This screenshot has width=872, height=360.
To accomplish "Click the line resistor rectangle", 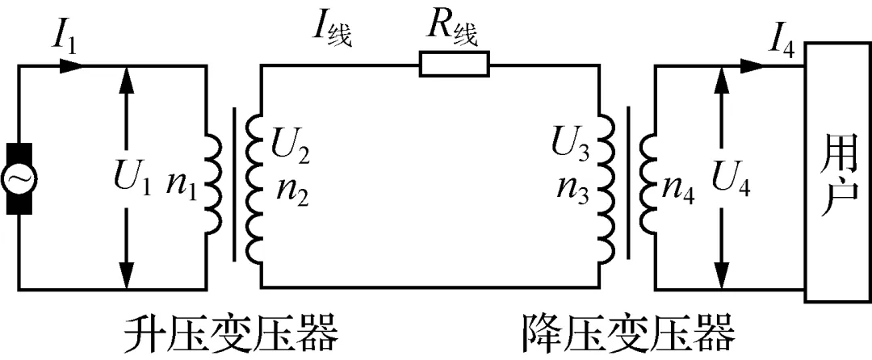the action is click(455, 63).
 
